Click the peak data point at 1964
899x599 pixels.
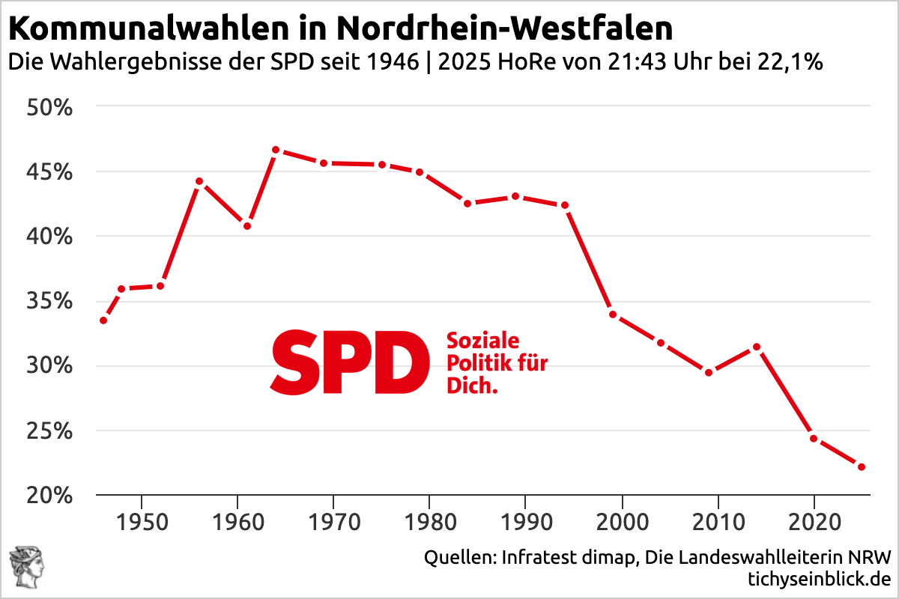click(276, 150)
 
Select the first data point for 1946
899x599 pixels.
click(103, 320)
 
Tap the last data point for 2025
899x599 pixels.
click(862, 467)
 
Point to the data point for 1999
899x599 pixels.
click(612, 314)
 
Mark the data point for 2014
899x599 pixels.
click(757, 347)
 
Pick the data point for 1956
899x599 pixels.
click(199, 181)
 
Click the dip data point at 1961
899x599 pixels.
click(247, 226)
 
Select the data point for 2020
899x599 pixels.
click(814, 438)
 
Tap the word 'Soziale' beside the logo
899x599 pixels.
click(483, 341)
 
